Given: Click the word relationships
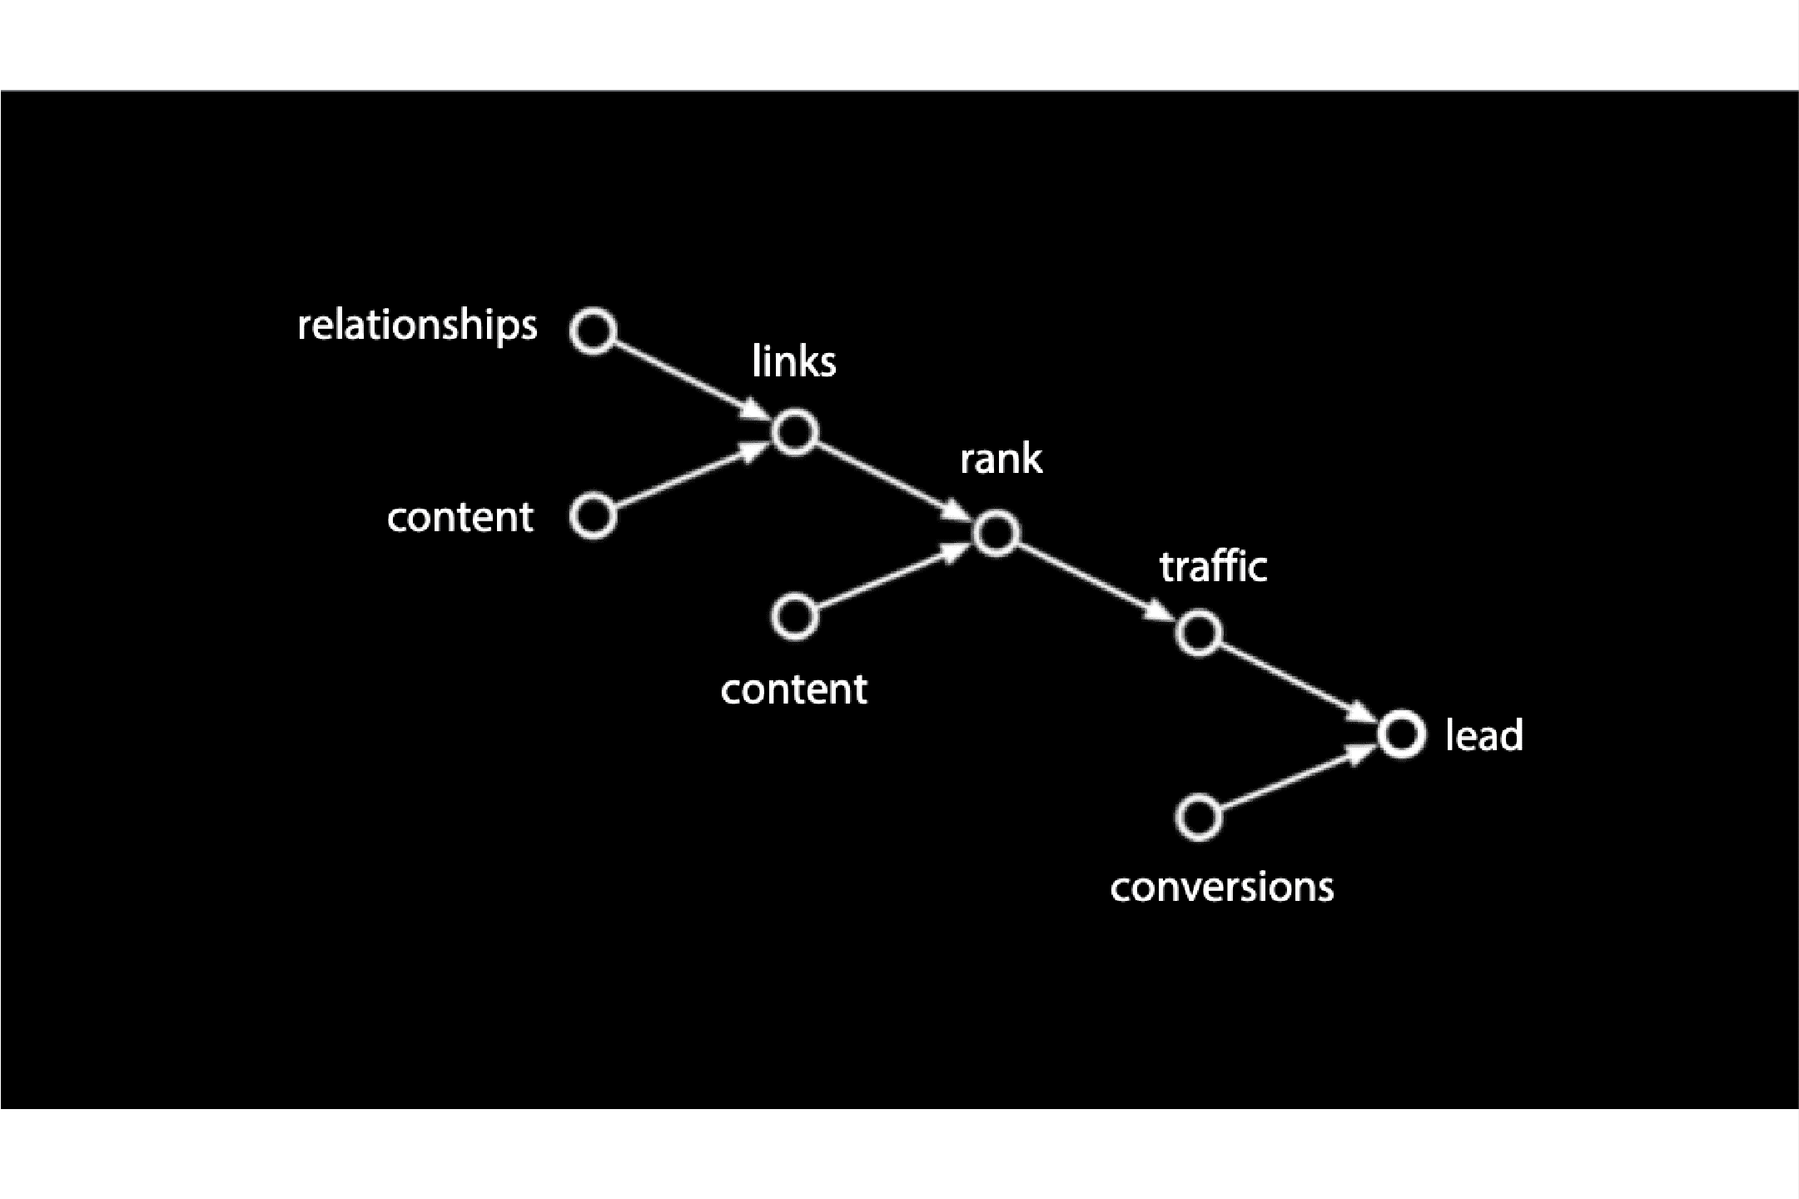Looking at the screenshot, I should click(417, 325).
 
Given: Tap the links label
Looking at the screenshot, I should click(793, 361).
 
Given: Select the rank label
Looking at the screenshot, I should click(1001, 459).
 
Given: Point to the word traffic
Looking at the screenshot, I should click(1213, 566).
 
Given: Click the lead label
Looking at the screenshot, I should click(1484, 735).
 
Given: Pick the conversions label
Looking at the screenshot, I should click(1221, 886).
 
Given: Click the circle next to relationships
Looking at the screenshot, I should click(594, 331).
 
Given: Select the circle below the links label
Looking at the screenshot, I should click(795, 432).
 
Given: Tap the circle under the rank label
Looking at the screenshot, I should click(996, 533).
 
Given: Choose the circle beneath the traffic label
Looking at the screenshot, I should click(1199, 633).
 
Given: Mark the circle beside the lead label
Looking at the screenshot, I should click(1401, 734).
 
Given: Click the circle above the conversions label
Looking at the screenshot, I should click(1199, 818).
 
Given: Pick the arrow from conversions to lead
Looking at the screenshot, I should click(1300, 776).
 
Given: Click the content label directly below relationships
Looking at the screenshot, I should click(460, 517).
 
